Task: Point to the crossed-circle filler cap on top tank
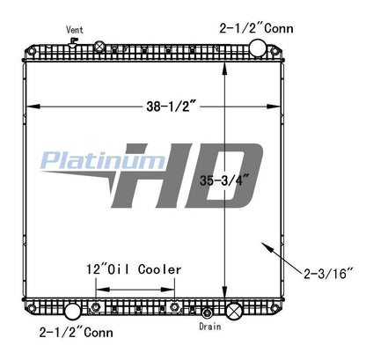tap(100, 47)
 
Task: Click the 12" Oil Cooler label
tap(134, 268)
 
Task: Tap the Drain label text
tap(209, 325)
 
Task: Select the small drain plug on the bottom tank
tap(206, 312)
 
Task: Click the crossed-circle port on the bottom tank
tap(234, 311)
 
